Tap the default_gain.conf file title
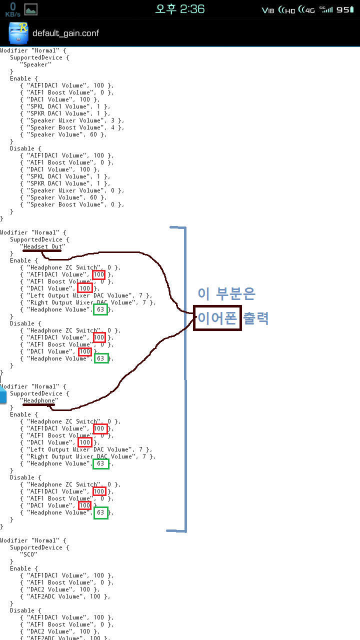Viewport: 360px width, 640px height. [65, 33]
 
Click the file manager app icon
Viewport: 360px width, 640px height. [18, 33]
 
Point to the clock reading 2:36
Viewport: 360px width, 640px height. [180, 9]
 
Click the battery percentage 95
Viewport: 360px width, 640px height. [345, 9]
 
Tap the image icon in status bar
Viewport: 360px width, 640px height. [31, 9]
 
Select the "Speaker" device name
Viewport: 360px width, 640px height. [35, 64]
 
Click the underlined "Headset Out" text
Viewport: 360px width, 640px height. [43, 246]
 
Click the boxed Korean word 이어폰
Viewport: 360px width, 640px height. [217, 318]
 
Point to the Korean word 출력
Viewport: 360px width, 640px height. [256, 318]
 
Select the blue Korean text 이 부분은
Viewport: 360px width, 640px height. [226, 294]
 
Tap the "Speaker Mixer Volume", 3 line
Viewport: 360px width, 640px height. [72, 120]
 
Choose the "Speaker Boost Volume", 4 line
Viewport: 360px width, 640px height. [72, 127]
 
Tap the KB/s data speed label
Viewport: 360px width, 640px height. [12, 14]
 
